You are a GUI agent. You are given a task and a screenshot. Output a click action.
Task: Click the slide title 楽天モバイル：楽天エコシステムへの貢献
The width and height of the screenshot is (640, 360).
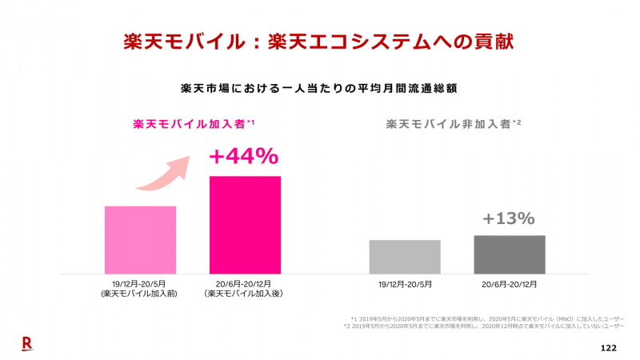click(320, 42)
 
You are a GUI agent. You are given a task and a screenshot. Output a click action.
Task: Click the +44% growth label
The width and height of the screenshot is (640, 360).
click(244, 156)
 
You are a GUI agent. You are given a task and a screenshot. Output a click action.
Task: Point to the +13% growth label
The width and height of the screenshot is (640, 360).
click(509, 218)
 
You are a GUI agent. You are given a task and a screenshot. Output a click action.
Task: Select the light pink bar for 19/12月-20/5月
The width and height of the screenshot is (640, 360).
click(140, 240)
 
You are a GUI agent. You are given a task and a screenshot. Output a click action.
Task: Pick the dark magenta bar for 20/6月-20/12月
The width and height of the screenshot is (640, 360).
click(245, 225)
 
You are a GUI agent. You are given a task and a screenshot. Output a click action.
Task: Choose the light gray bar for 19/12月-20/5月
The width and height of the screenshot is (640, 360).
click(405, 257)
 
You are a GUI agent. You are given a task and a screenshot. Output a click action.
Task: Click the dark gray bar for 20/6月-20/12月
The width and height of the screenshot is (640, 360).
click(510, 254)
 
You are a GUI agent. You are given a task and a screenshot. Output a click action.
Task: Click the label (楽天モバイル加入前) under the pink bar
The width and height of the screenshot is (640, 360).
click(140, 294)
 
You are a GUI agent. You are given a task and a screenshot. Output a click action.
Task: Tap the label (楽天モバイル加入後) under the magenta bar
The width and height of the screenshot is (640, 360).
click(245, 294)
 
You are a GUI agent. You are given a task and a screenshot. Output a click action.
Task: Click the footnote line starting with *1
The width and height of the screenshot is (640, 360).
click(487, 318)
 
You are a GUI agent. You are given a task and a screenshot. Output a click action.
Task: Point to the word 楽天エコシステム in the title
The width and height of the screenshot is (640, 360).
click(344, 42)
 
